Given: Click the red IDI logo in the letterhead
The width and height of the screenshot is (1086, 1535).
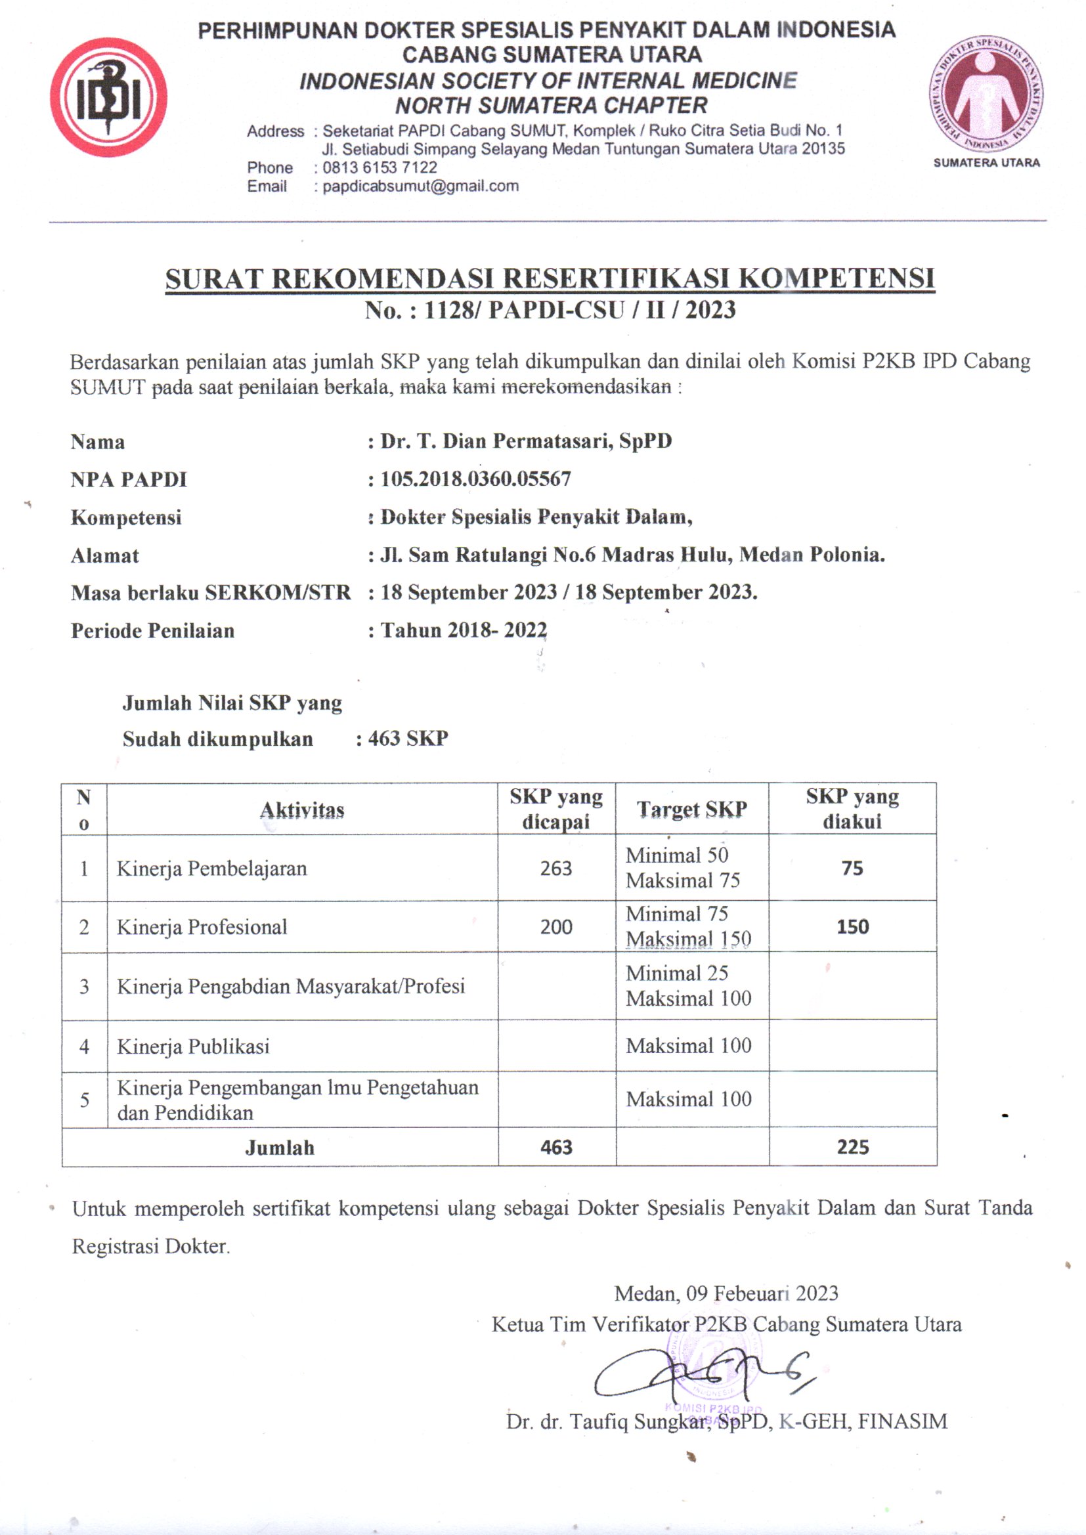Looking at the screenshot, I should pos(108,98).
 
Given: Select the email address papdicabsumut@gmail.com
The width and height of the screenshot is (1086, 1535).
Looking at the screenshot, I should pos(421,186).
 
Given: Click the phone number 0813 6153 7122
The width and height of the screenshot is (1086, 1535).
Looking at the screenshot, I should pos(380,168).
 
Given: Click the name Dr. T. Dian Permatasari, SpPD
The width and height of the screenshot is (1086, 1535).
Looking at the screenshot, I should pos(526,441).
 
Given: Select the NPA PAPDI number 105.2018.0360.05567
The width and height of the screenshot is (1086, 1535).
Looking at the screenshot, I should pos(475,479).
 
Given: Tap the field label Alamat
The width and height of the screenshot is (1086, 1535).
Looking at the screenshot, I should pos(105,555).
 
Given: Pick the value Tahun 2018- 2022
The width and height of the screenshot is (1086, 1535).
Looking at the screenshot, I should pos(464,630).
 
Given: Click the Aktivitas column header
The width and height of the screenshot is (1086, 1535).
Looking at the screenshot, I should pos(302,810).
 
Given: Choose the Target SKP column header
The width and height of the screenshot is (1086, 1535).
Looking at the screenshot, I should pos(691,810).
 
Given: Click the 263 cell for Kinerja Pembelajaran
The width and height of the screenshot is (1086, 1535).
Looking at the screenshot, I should pos(555,869).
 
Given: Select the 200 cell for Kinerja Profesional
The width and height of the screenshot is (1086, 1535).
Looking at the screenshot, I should pos(555,927).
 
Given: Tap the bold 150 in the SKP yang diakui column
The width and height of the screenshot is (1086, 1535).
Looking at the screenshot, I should pos(853,927).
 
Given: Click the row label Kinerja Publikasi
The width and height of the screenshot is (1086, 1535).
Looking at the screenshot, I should pos(193,1047).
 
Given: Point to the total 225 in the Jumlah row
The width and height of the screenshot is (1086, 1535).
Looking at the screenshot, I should pos(853,1147).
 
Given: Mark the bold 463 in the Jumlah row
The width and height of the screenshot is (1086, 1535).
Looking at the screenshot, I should pos(555,1147).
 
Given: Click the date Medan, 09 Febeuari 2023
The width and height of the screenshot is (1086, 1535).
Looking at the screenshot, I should pos(726,1293).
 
